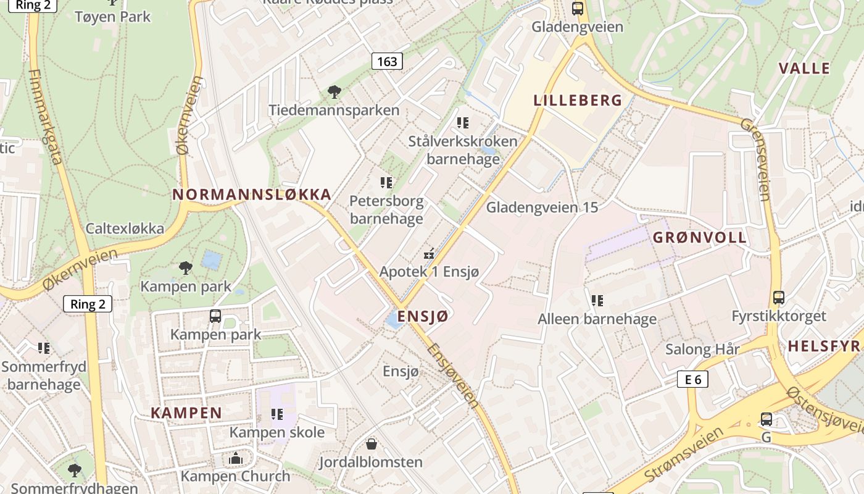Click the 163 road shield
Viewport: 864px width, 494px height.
coord(387,61)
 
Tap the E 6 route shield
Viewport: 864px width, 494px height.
coord(692,379)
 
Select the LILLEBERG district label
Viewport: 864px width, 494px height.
coord(578,101)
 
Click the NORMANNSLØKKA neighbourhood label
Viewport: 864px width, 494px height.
coord(252,195)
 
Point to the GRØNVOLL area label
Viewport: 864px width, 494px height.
coord(700,237)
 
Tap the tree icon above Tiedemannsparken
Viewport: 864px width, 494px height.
coord(334,93)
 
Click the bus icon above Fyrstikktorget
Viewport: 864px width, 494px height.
coord(779,298)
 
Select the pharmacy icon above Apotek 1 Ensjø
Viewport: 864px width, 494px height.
coord(429,253)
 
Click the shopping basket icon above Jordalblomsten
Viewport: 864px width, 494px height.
coord(372,443)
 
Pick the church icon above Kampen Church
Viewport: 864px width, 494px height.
coord(235,458)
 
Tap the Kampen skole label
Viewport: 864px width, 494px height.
coord(277,432)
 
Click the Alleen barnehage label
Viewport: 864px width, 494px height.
coord(597,319)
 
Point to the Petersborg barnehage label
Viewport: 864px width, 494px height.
coord(386,209)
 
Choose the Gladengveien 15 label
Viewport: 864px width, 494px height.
coord(542,207)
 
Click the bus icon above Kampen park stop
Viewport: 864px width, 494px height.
coord(215,316)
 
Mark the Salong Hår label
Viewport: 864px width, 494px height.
coord(702,349)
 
